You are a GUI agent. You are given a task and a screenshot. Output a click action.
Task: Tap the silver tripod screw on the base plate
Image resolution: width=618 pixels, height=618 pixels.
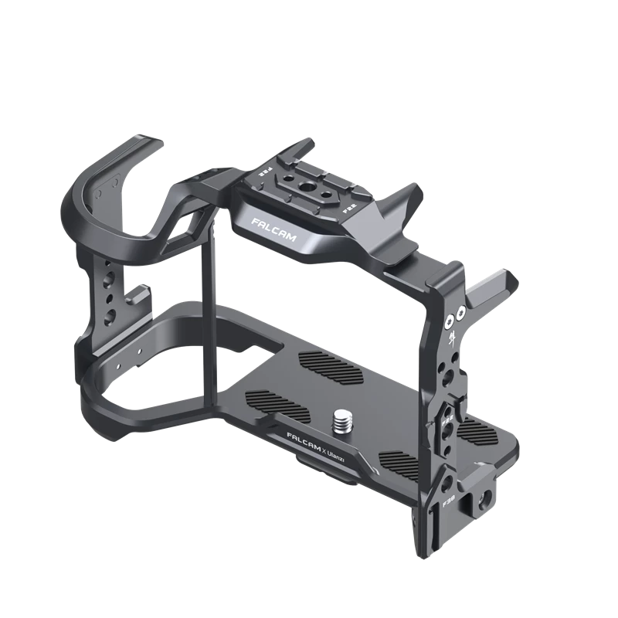(341, 423)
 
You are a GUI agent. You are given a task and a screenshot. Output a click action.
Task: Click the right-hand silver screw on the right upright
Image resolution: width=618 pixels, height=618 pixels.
(460, 313)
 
